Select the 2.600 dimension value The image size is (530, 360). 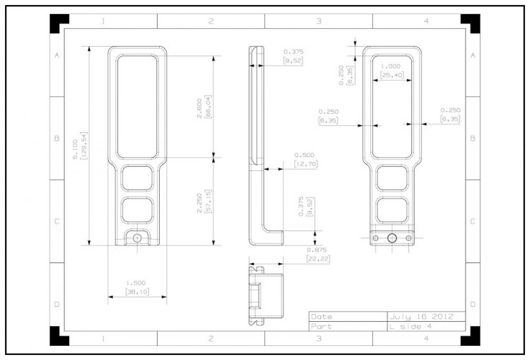click(200, 107)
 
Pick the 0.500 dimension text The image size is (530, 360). click(305, 155)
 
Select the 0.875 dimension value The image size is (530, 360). click(317, 249)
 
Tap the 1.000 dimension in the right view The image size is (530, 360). click(391, 66)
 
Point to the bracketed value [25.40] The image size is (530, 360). click(391, 74)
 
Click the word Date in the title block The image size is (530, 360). click(321, 317)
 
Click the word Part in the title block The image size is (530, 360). click(321, 327)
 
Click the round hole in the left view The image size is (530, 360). click(137, 238)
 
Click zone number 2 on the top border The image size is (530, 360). click(211, 22)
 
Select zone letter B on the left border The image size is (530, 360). click(57, 138)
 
